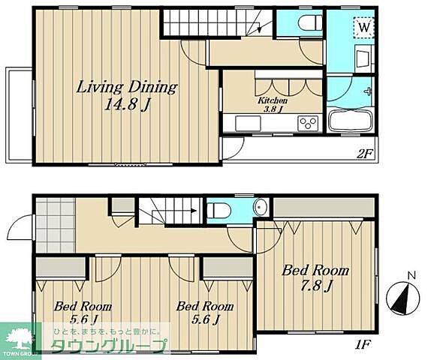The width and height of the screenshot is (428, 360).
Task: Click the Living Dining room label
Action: point(127,88)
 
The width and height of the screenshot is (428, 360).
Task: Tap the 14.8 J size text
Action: point(128,104)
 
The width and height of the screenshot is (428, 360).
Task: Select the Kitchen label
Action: point(273,100)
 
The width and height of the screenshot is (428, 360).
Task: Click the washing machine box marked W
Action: point(364,27)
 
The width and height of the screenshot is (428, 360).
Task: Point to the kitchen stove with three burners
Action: point(309,123)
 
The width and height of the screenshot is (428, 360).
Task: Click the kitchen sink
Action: point(248,124)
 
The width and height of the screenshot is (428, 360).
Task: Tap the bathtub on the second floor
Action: point(351,121)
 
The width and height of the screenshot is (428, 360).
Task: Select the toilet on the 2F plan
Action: point(311,22)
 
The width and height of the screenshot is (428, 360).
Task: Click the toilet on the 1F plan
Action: point(219,211)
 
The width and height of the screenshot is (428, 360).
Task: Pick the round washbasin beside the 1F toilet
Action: point(258,207)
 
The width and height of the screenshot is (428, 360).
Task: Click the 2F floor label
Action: point(364,154)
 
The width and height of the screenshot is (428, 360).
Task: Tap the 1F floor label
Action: point(363,345)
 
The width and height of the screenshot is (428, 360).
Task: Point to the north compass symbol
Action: point(403,298)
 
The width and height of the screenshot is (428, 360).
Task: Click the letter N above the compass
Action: point(411,276)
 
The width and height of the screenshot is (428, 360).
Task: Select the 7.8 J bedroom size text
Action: point(316,286)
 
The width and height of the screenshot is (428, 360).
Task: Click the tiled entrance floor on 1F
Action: point(56,225)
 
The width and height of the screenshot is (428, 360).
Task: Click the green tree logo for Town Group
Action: point(20,340)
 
